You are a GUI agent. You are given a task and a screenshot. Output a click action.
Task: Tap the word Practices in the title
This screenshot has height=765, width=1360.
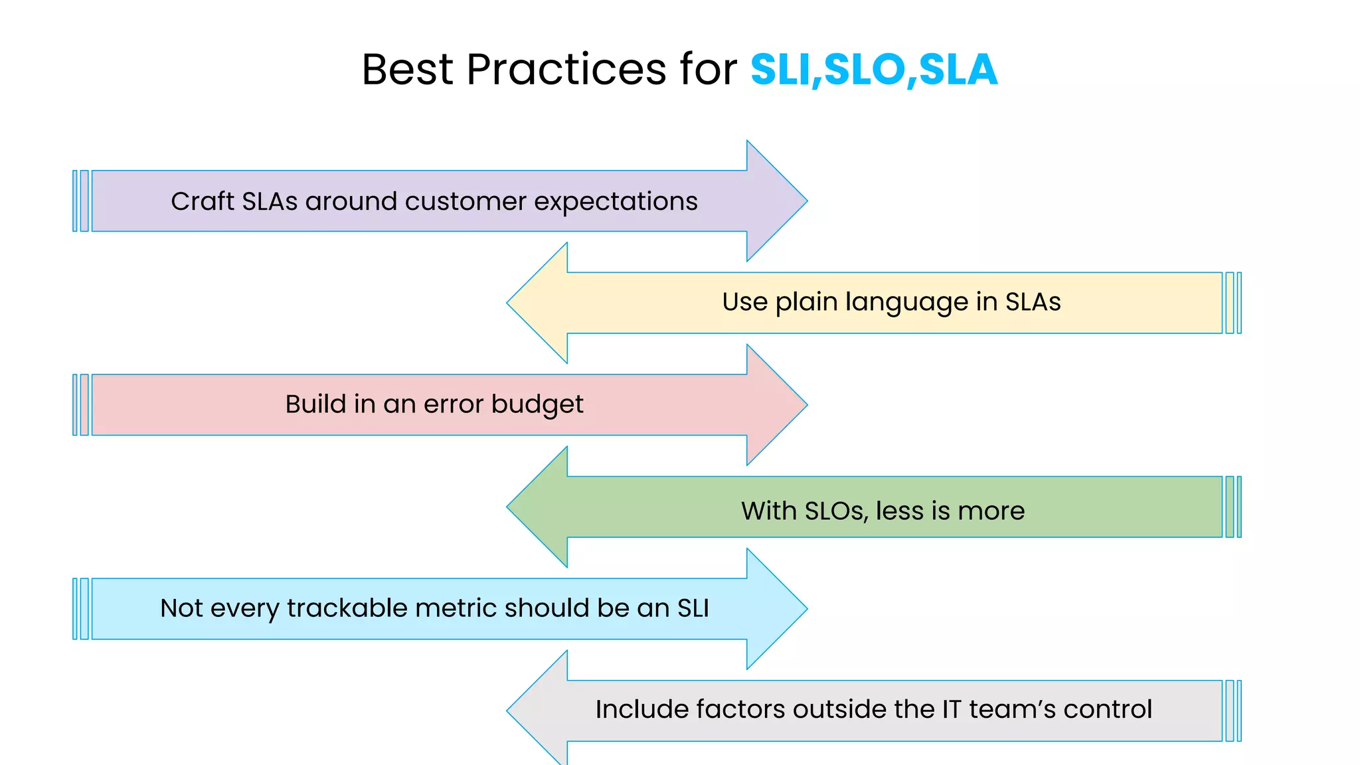[x=566, y=70]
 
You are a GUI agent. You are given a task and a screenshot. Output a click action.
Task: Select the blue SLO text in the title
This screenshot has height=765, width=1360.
[x=864, y=70]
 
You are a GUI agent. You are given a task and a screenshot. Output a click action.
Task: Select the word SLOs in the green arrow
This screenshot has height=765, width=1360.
[x=835, y=511]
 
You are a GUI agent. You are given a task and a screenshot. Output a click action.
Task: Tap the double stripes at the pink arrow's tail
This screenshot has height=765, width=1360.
[x=80, y=405]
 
